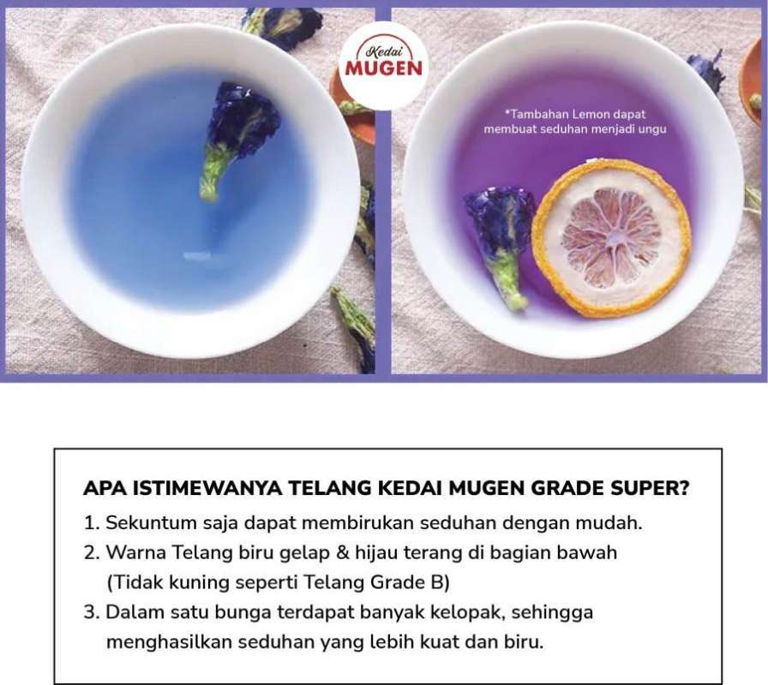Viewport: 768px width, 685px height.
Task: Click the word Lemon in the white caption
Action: (591, 114)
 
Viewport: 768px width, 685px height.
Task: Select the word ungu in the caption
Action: (651, 129)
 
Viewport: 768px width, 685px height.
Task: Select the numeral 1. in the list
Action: (93, 522)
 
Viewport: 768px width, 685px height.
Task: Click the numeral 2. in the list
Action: (93, 552)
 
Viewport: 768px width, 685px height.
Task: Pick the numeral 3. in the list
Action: (93, 612)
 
